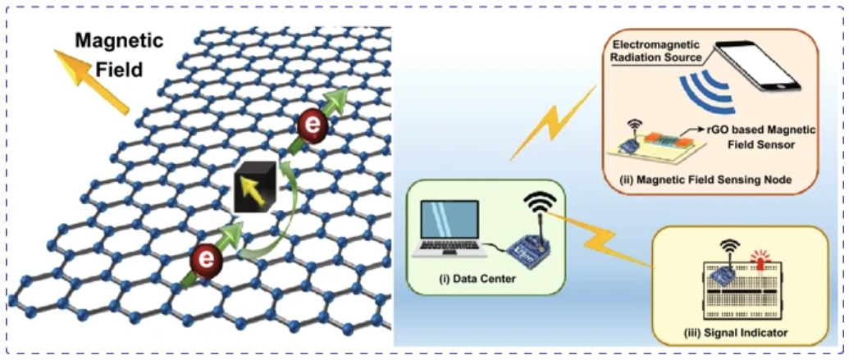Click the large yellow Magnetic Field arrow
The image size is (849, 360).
[90, 80]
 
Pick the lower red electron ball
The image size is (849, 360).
[206, 262]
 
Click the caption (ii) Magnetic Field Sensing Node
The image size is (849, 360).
[710, 180]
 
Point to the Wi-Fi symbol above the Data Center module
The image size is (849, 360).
[538, 203]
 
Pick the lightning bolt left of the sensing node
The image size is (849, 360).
[552, 121]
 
